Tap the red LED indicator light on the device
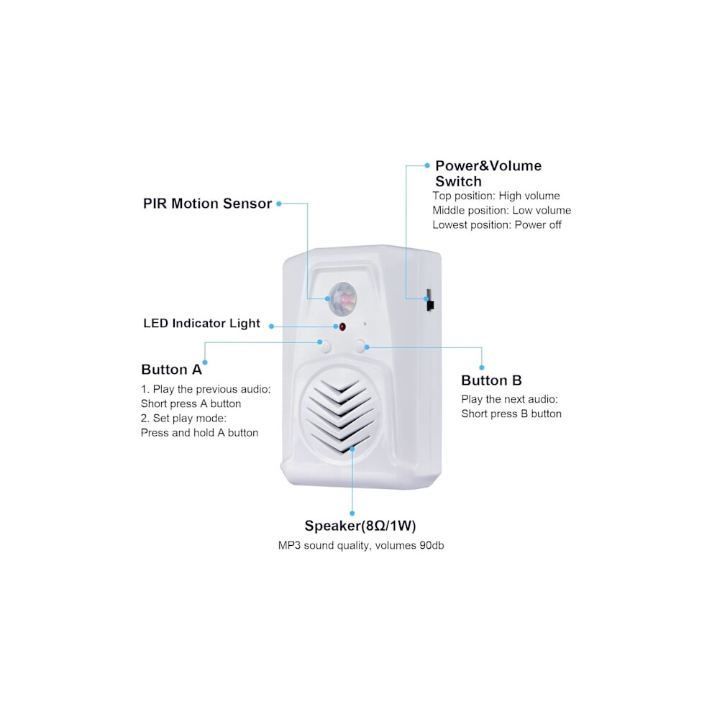342,327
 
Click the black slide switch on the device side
429,300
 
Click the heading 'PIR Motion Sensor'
208,204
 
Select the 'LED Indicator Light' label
201,324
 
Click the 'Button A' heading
171,370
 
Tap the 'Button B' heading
491,380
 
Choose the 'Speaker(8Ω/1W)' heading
360,526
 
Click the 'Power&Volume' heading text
488,165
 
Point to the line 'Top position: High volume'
496,196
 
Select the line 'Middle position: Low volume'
502,210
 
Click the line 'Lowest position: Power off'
497,225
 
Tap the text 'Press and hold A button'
199,433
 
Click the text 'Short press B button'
511,414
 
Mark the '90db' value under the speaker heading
432,545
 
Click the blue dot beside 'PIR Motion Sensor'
279,204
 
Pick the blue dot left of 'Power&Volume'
426,165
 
